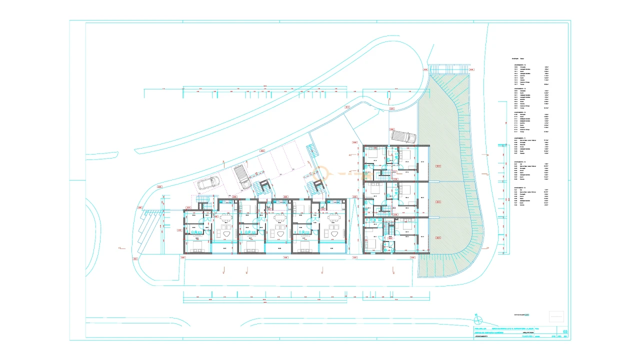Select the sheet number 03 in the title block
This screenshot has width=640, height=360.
tap(565, 331)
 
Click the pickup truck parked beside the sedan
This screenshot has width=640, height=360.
tap(242, 177)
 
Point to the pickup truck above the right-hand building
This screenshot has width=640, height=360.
tap(403, 136)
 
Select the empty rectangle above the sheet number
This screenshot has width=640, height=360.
tap(556, 316)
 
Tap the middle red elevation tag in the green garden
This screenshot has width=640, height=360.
tap(438, 202)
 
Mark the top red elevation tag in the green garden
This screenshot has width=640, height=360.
tap(438, 166)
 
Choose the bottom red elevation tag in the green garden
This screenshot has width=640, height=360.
tap(438, 236)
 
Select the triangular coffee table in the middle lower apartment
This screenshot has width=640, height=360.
tap(278, 233)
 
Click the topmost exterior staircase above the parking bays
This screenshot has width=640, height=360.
tap(311, 149)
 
